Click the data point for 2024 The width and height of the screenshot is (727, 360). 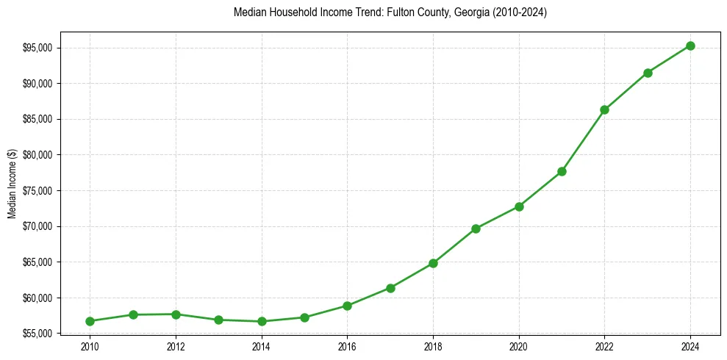(690, 46)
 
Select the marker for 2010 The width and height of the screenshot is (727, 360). (90, 321)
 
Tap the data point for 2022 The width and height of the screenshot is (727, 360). (604, 109)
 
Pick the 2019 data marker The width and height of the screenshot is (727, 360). (476, 228)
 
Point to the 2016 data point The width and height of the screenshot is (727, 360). (347, 306)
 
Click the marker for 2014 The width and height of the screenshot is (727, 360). (262, 321)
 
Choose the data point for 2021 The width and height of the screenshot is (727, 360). (562, 171)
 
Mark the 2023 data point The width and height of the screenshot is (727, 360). (648, 73)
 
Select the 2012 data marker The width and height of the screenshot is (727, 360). (176, 314)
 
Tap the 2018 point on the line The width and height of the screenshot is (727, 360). (433, 263)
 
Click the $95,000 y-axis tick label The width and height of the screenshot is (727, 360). (39, 48)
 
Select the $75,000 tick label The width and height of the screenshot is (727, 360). (39, 191)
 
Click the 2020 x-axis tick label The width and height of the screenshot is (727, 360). (519, 346)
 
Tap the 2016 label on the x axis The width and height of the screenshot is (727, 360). (347, 346)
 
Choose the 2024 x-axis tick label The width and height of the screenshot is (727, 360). (690, 346)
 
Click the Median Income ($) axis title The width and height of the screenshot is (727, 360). (12, 190)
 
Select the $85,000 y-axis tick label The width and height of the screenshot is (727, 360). (39, 120)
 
